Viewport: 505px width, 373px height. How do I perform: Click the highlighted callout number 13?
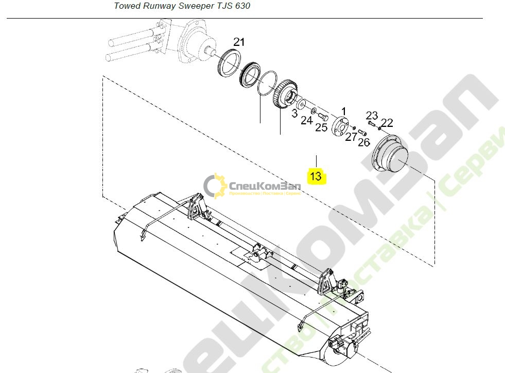pyautogui.click(x=316, y=176)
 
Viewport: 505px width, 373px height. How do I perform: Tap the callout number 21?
pyautogui.click(x=240, y=42)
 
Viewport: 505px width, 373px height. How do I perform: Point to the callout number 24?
pyautogui.click(x=307, y=121)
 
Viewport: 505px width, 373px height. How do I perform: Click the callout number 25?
pyautogui.click(x=321, y=127)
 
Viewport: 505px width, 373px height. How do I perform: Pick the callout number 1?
pyautogui.click(x=344, y=111)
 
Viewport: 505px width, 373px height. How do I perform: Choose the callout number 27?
pyautogui.click(x=351, y=137)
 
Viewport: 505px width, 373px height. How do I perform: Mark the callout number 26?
pyautogui.click(x=363, y=142)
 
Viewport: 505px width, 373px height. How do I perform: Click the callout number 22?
pyautogui.click(x=387, y=122)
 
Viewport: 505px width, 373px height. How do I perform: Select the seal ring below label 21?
pyautogui.click(x=232, y=62)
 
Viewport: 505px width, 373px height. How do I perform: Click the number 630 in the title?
pyautogui.click(x=241, y=6)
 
